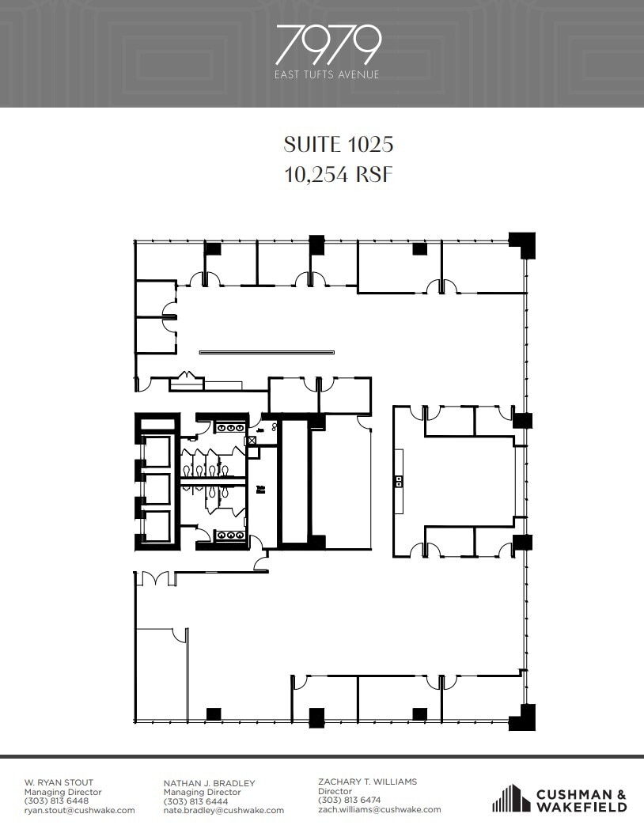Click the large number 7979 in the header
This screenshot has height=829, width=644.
[328, 45]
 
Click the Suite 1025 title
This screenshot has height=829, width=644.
[339, 144]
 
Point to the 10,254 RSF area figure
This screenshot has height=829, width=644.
[339, 175]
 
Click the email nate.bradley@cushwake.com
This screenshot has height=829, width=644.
[223, 810]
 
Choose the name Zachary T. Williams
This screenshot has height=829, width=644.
[368, 782]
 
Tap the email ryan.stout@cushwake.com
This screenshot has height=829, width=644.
[79, 810]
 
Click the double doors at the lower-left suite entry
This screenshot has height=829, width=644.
[156, 578]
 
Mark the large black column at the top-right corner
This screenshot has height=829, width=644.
[521, 244]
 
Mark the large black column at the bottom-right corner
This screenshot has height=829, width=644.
[521, 717]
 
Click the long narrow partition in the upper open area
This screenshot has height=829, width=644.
[267, 353]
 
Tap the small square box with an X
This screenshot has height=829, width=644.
[252, 441]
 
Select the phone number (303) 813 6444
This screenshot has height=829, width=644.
[195, 801]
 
